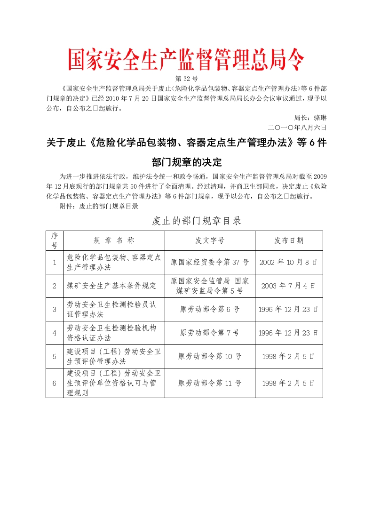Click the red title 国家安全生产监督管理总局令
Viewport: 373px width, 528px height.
point(186,60)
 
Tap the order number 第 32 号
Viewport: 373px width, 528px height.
point(186,78)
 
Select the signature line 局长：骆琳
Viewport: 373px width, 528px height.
point(310,118)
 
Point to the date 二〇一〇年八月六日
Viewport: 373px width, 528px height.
point(296,127)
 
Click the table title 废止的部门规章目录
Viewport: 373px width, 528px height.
point(197,220)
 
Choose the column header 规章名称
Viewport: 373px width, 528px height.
point(114,240)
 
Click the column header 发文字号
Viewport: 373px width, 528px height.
point(210,240)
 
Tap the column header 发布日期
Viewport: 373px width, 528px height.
point(289,240)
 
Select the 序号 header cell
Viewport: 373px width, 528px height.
point(55,240)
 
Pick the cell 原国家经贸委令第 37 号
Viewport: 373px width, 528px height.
point(210,262)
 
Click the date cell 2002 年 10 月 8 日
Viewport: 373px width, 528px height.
point(289,262)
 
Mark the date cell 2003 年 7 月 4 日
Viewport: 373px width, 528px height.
point(289,286)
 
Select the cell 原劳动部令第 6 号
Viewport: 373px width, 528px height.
point(210,309)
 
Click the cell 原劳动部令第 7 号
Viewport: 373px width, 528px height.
point(210,333)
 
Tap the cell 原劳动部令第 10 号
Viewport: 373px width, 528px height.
point(210,356)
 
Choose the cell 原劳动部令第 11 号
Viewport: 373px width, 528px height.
point(210,383)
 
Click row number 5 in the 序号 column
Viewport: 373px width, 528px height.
point(55,356)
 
